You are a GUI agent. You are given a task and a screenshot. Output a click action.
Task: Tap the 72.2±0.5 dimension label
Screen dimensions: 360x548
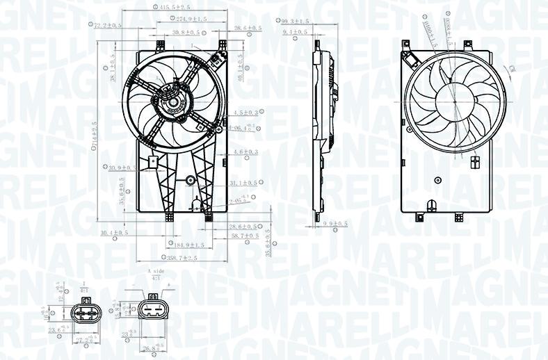click(x=108, y=25)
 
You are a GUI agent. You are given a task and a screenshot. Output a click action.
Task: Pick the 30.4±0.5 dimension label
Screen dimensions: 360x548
click(x=114, y=232)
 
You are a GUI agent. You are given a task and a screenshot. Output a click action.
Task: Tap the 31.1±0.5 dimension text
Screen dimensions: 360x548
click(x=243, y=183)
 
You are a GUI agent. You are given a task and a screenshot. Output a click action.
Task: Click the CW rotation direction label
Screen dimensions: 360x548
click(x=513, y=69)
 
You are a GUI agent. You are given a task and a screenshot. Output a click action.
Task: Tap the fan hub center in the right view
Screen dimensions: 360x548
click(x=456, y=101)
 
